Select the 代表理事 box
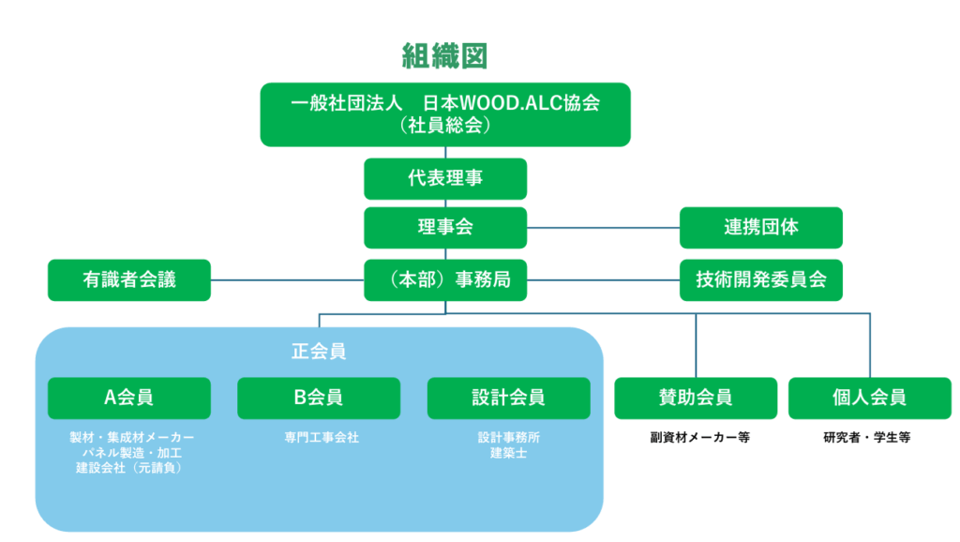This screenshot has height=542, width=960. [444, 178]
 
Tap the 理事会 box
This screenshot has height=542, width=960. [444, 228]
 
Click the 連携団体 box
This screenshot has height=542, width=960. [760, 228]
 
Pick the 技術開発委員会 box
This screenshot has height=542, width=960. [760, 279]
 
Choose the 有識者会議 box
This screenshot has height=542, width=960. [129, 279]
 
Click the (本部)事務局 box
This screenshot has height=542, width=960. [444, 279]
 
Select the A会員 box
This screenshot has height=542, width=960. [129, 398]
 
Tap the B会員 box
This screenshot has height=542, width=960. [319, 398]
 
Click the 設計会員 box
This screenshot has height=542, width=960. [508, 398]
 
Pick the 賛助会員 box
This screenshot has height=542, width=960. [696, 398]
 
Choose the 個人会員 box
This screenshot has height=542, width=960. [870, 398]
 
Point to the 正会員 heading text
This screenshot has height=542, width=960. [319, 352]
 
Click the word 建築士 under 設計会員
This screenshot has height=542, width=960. [509, 454]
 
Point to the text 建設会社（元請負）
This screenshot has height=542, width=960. [129, 468]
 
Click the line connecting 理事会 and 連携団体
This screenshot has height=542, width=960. [603, 228]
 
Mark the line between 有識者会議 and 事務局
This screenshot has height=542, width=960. [287, 279]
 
